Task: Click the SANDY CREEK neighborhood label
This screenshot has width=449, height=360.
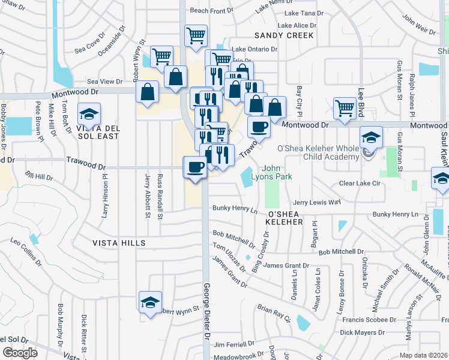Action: pos(284,35)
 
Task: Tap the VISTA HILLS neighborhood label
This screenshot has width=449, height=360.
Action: pos(119,242)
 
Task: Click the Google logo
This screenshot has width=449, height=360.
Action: pos(19,353)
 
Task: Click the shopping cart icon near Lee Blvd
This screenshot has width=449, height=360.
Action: pos(345,107)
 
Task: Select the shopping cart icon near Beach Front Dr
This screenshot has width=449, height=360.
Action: pos(196,35)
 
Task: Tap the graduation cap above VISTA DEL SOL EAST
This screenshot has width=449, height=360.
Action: pos(89,113)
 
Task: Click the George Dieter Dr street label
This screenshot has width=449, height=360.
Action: pos(206,312)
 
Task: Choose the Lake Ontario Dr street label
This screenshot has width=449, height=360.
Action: pos(254,49)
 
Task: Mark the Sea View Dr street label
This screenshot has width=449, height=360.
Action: pos(104,81)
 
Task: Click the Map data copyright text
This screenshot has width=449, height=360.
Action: pos(424,355)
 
